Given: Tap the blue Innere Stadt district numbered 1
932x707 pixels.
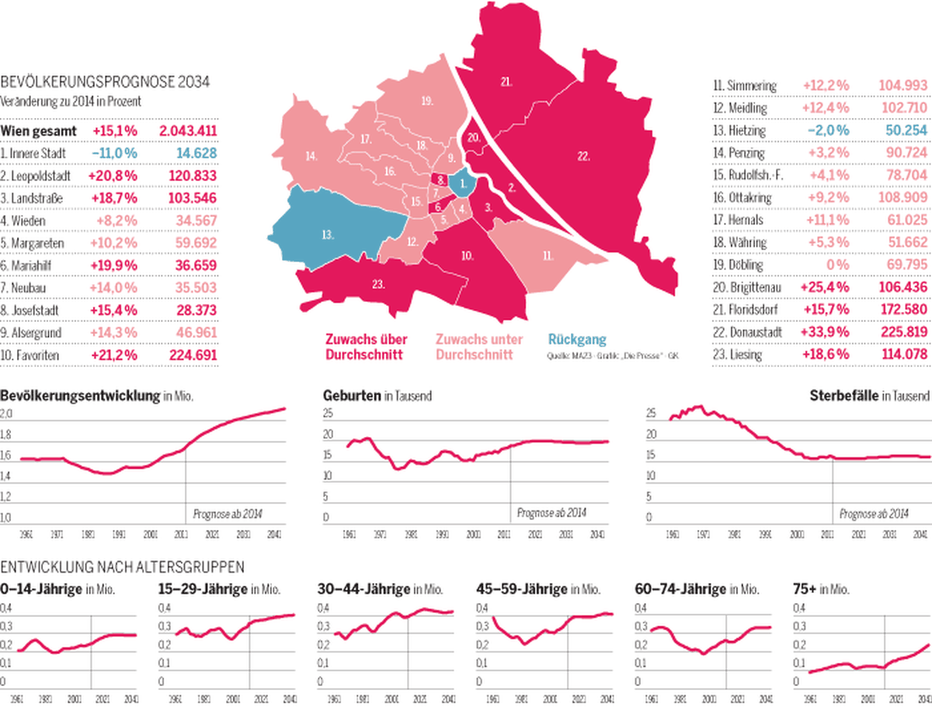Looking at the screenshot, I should [463, 185].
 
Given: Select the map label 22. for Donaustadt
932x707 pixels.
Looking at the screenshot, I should [583, 156].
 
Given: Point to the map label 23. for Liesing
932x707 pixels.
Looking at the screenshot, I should [378, 285].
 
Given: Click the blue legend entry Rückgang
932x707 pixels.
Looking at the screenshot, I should [577, 339].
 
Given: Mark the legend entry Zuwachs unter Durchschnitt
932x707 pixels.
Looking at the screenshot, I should [479, 347].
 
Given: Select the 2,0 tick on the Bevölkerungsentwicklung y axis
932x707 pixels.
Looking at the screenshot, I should [6, 415].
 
